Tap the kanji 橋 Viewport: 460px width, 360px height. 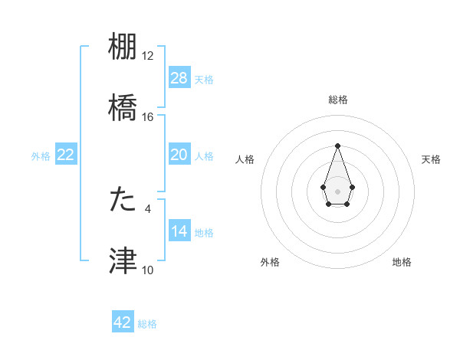tap(123, 108)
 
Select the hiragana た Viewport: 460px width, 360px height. tap(123, 198)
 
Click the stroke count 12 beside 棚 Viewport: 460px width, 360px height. tap(148, 56)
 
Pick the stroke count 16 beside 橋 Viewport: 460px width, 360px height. tap(148, 117)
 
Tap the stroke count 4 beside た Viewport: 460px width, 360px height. tap(148, 208)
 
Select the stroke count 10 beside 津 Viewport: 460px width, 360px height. tap(148, 270)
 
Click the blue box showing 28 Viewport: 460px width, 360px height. tap(179, 78)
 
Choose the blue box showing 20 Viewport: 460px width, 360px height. tap(179, 155)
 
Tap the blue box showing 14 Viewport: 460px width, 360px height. tap(179, 231)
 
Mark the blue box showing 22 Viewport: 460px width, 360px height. tap(66, 155)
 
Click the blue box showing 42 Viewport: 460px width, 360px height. tap(123, 322)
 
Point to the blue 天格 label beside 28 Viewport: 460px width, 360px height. tap(204, 80)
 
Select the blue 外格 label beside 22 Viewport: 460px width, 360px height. tap(41, 156)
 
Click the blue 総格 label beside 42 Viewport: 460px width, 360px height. tap(147, 324)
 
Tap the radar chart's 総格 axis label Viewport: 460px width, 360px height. tap(338, 100)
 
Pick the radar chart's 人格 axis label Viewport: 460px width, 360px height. tap(245, 159)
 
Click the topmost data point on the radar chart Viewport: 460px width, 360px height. tap(337, 146)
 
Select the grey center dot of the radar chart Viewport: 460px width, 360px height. tap(337, 190)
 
